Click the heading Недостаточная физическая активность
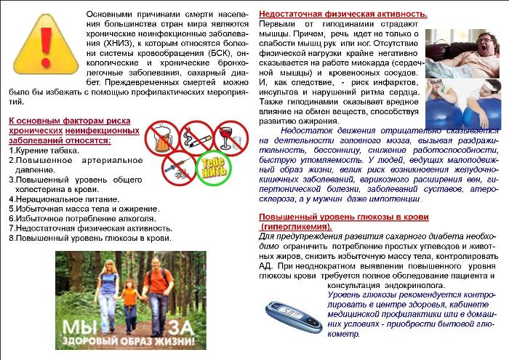(x=343, y=15)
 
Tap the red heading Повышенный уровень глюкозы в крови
(x=344, y=217)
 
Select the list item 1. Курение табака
(x=39, y=151)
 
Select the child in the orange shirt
(x=130, y=298)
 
